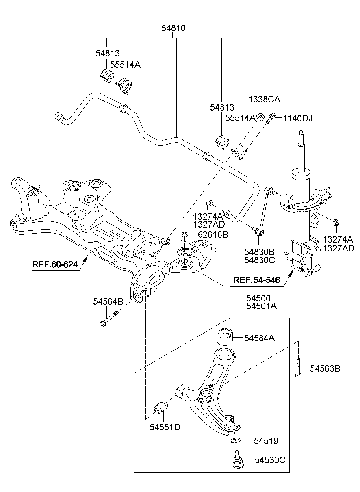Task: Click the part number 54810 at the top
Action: tap(173, 28)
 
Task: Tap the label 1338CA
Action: tap(265, 99)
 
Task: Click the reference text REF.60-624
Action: tap(55, 265)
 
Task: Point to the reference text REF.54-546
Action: tap(257, 280)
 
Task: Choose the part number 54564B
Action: tap(108, 301)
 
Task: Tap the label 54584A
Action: tap(259, 338)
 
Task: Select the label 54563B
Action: tap(325, 368)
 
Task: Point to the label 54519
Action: tap(266, 440)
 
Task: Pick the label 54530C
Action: tap(270, 460)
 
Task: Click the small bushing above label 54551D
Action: tap(161, 407)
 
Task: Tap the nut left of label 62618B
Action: tap(184, 234)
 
